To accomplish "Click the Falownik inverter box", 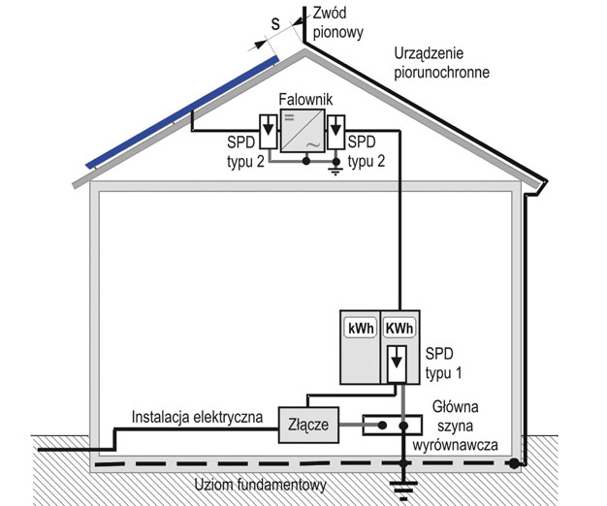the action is pyautogui.click(x=303, y=130).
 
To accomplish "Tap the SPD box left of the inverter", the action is pyautogui.click(x=269, y=132).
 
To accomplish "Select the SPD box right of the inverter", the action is pyautogui.click(x=336, y=132).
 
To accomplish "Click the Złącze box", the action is pyautogui.click(x=309, y=425).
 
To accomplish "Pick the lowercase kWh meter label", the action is pyautogui.click(x=361, y=329).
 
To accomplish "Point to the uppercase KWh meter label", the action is pyautogui.click(x=399, y=329).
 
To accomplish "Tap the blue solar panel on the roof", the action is pyautogui.click(x=182, y=111).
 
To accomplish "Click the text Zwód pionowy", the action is pyautogui.click(x=338, y=23).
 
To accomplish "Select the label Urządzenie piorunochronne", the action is pyautogui.click(x=442, y=63).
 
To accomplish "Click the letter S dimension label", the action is pyautogui.click(x=275, y=24).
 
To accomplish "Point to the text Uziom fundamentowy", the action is pyautogui.click(x=260, y=485).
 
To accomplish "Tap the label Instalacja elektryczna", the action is pyautogui.click(x=197, y=417).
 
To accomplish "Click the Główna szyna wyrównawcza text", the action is pyautogui.click(x=456, y=426).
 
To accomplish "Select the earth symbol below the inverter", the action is pyautogui.click(x=335, y=171).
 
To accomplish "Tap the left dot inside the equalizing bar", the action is pyautogui.click(x=382, y=426).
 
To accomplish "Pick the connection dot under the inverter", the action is pyautogui.click(x=306, y=161).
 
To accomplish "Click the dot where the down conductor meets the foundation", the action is pyautogui.click(x=513, y=463).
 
